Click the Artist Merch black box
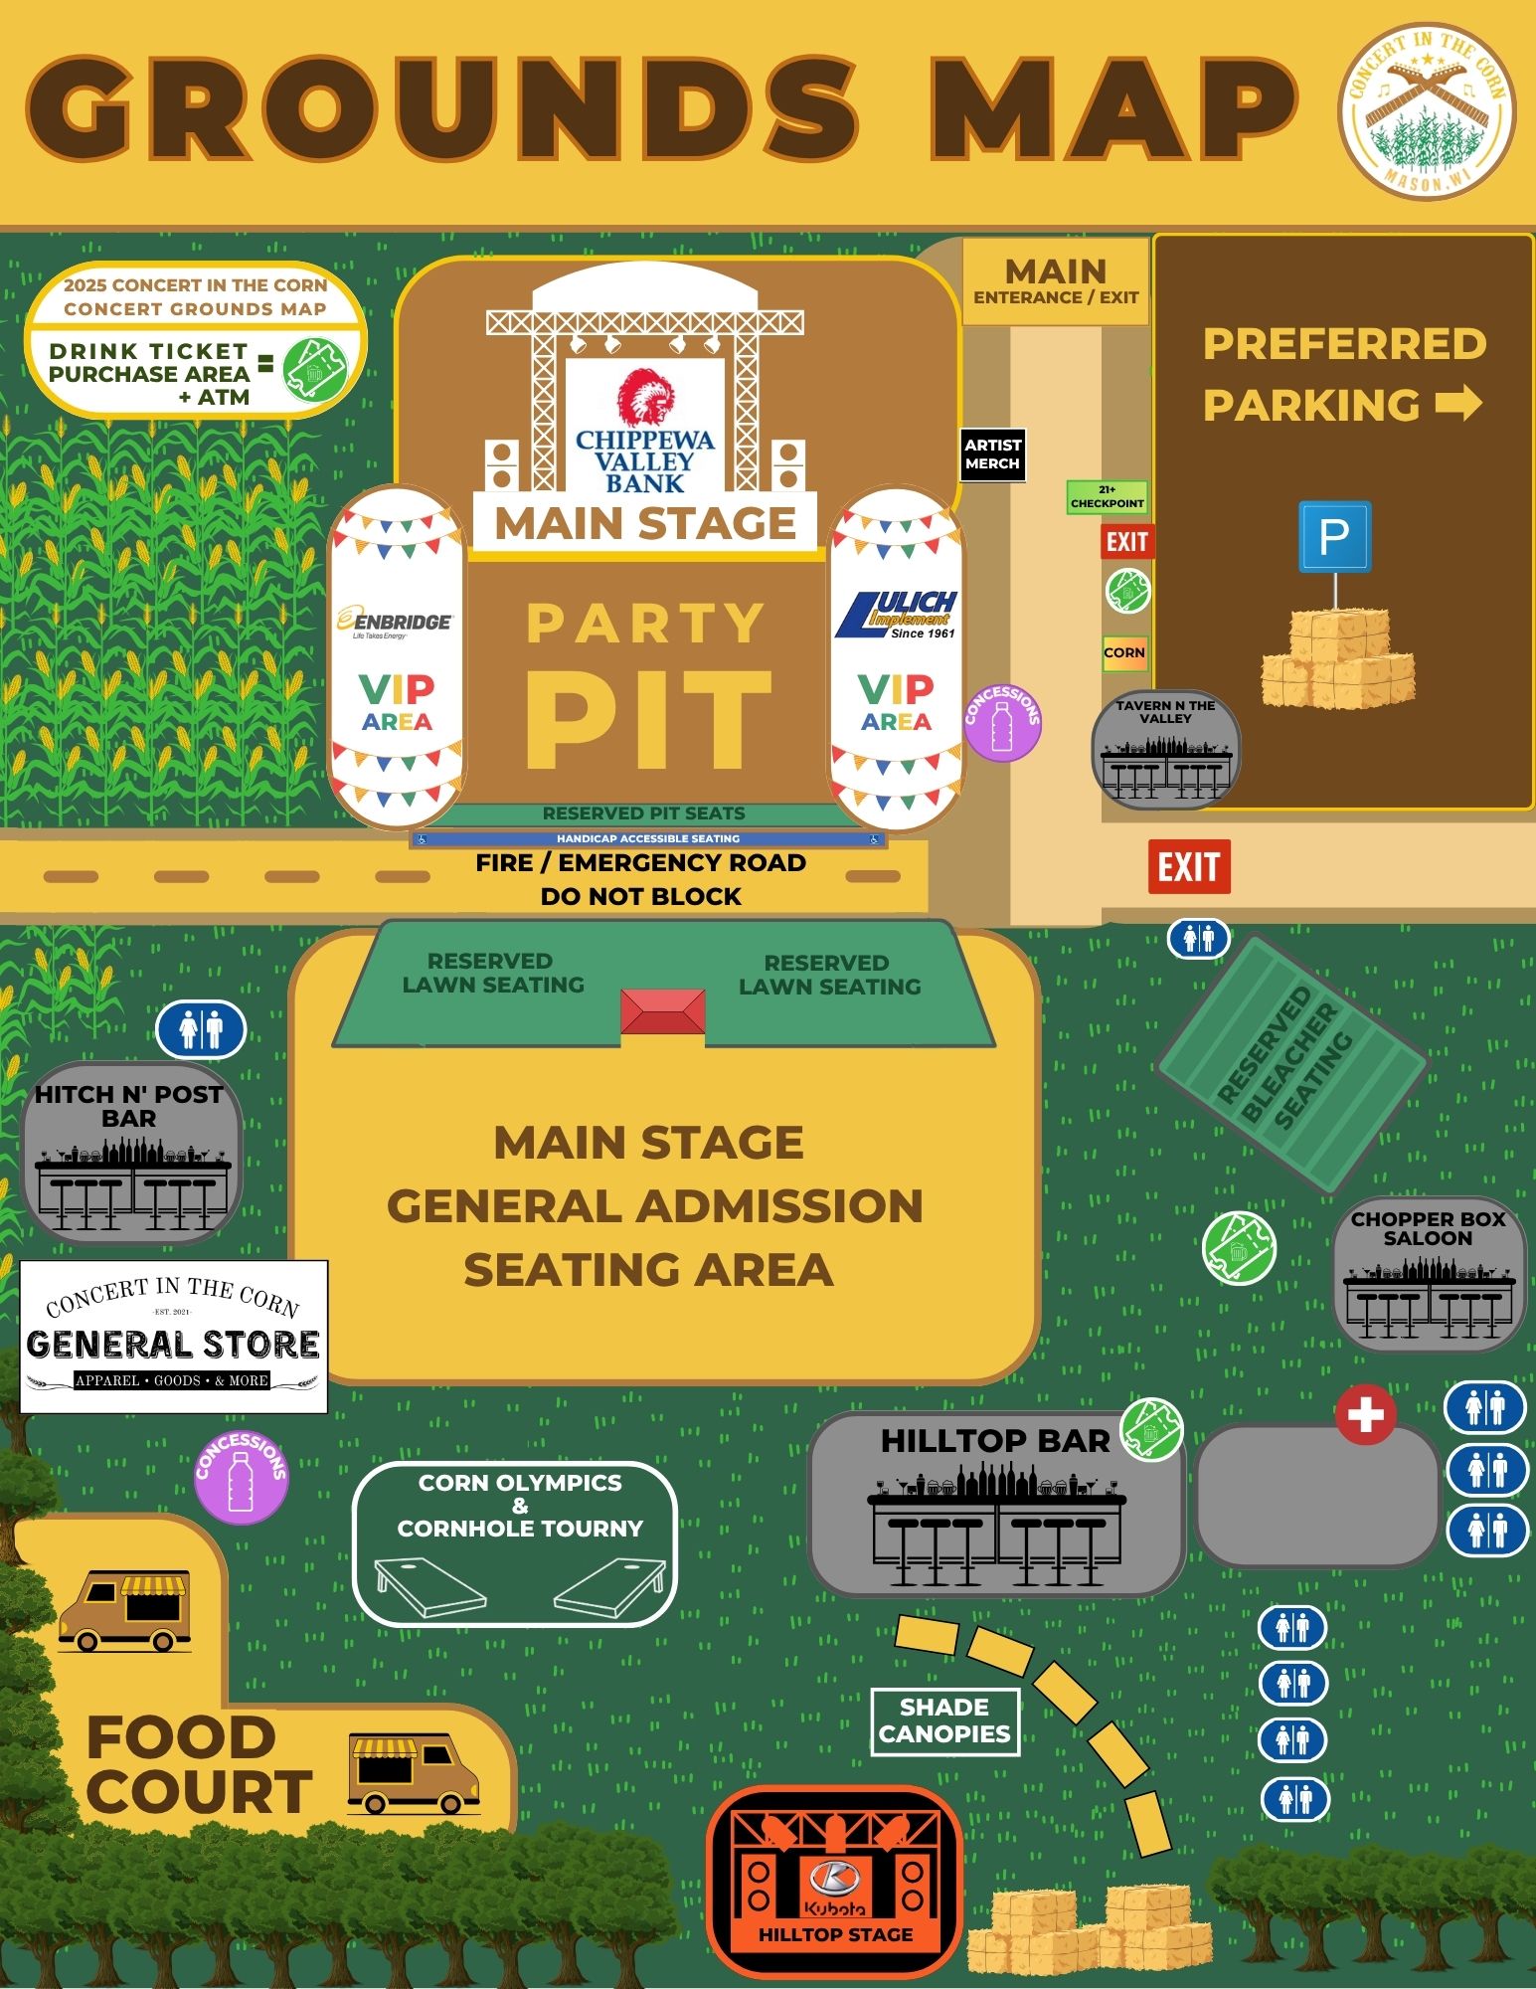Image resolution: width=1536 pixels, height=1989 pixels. click(x=991, y=454)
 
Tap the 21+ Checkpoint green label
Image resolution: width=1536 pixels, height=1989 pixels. click(x=1107, y=496)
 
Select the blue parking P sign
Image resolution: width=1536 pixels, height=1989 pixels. click(x=1334, y=537)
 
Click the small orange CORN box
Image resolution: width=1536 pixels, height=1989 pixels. click(x=1124, y=653)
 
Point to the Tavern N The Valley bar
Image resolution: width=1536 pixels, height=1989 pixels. click(x=1165, y=750)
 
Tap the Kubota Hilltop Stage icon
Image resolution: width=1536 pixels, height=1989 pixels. click(x=834, y=1883)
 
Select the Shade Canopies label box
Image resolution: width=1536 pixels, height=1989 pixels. click(x=944, y=1721)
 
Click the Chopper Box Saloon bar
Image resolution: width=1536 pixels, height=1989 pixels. click(x=1428, y=1274)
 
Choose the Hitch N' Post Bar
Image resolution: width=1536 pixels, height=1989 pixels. click(x=129, y=1154)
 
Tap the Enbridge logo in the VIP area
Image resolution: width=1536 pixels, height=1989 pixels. click(x=396, y=623)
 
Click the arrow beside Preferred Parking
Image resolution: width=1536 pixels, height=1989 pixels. click(x=1458, y=404)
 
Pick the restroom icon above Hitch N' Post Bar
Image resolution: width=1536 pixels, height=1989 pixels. click(x=201, y=1030)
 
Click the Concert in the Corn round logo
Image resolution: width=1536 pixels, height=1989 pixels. click(x=1426, y=110)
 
